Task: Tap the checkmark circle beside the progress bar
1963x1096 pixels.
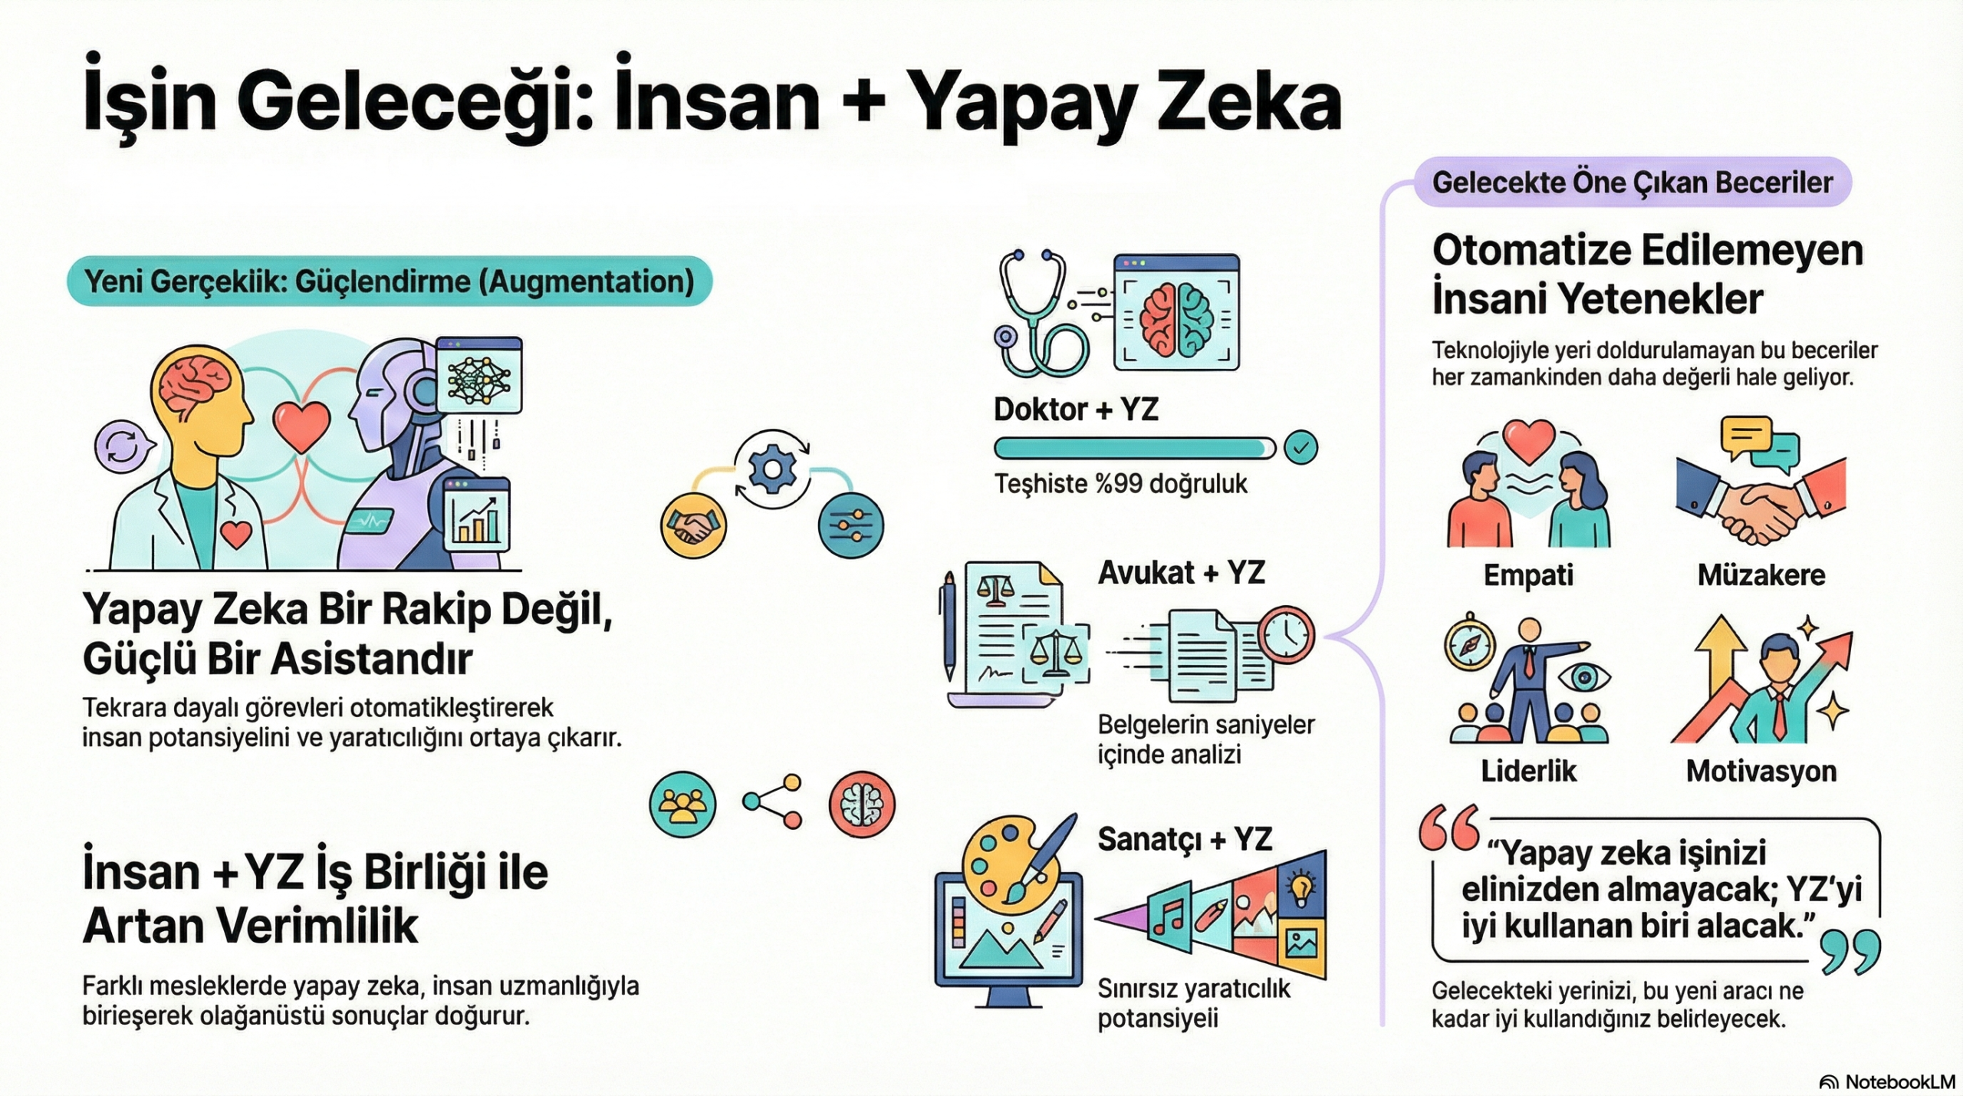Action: pyautogui.click(x=1300, y=448)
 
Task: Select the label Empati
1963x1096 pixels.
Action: pyautogui.click(x=1528, y=574)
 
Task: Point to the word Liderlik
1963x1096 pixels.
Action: pyautogui.click(x=1528, y=771)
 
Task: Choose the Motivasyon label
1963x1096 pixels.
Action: pyautogui.click(x=1761, y=771)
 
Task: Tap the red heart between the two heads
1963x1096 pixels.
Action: pyautogui.click(x=301, y=426)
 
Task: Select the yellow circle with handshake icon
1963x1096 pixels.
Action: pyautogui.click(x=693, y=525)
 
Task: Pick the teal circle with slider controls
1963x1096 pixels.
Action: pyautogui.click(x=851, y=525)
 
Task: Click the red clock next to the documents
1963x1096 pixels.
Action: pyautogui.click(x=1286, y=634)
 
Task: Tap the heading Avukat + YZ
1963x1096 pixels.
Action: pyautogui.click(x=1181, y=573)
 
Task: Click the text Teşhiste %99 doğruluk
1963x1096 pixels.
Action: pyautogui.click(x=1120, y=484)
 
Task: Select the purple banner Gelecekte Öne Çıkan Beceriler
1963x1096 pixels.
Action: pyautogui.click(x=1633, y=183)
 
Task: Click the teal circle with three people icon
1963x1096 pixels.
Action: pyautogui.click(x=682, y=804)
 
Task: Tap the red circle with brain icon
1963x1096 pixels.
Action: pyautogui.click(x=862, y=804)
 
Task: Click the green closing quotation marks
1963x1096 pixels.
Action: pyautogui.click(x=1851, y=952)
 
